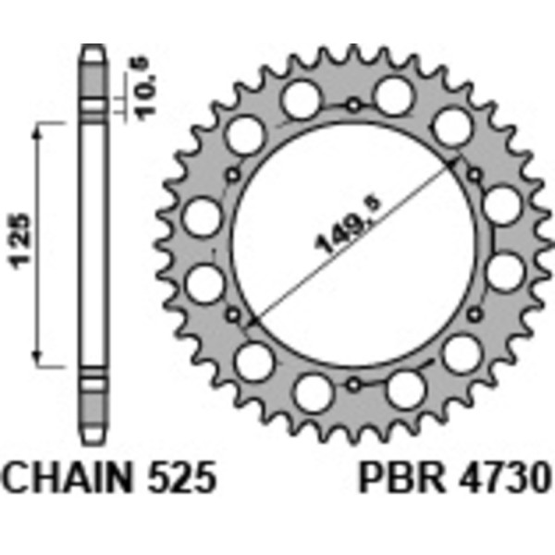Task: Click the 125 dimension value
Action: tap(27, 244)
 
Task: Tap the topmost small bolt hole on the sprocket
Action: tap(351, 105)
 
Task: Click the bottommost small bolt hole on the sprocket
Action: tap(351, 381)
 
